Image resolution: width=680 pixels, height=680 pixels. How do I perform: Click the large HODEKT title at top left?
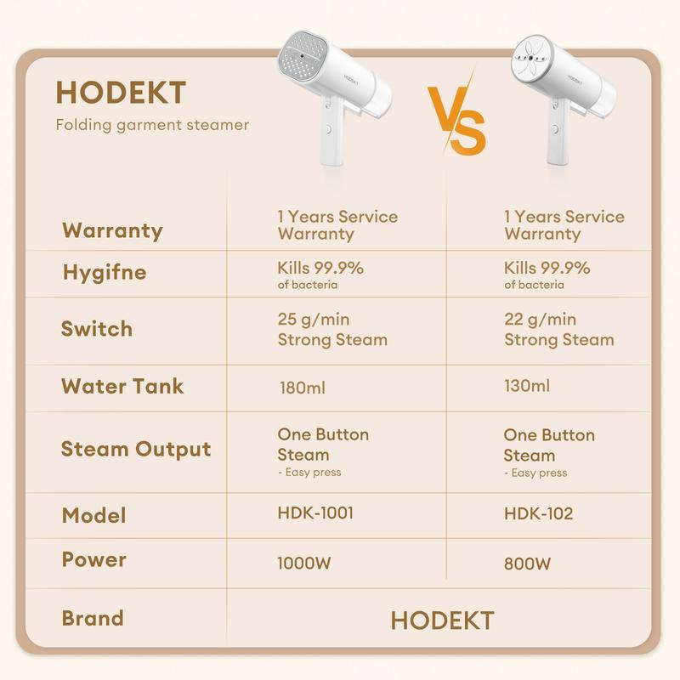pyautogui.click(x=121, y=93)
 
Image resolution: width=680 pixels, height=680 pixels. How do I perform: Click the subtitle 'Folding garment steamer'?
pyautogui.click(x=152, y=125)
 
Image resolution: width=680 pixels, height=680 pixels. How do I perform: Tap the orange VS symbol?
pyautogui.click(x=456, y=118)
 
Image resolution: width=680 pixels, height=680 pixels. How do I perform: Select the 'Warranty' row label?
pyautogui.click(x=112, y=230)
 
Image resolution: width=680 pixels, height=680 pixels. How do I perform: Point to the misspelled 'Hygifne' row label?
pyautogui.click(x=105, y=273)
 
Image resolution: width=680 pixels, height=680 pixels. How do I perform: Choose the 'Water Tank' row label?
pyautogui.click(x=122, y=386)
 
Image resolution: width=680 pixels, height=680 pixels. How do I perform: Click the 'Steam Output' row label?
pyautogui.click(x=136, y=449)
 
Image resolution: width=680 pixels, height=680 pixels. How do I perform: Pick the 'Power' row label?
pyautogui.click(x=94, y=560)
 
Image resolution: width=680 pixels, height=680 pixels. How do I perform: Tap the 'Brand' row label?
pyautogui.click(x=93, y=618)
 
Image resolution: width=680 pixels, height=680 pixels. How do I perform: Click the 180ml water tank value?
pyautogui.click(x=303, y=388)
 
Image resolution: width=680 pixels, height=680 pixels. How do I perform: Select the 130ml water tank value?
pyautogui.click(x=527, y=386)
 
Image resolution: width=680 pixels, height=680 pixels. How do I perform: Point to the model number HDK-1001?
pyautogui.click(x=315, y=513)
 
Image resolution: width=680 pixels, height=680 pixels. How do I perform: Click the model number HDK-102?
pyautogui.click(x=538, y=514)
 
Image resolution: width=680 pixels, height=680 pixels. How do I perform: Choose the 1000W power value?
pyautogui.click(x=304, y=564)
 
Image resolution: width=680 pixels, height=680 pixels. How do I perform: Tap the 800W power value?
pyautogui.click(x=527, y=564)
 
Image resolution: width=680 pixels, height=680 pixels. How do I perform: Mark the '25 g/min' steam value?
pyautogui.click(x=314, y=320)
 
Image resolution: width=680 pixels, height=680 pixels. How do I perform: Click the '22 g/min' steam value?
pyautogui.click(x=541, y=320)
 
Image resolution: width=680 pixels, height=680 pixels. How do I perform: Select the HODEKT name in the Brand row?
pyautogui.click(x=442, y=620)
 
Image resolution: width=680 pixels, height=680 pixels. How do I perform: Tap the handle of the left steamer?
pyautogui.click(x=332, y=130)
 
